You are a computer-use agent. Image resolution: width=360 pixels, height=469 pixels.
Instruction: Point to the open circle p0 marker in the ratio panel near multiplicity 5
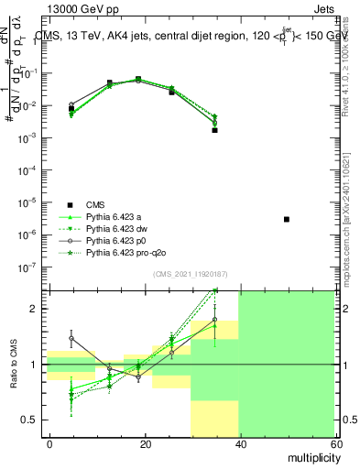[x=71, y=338]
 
